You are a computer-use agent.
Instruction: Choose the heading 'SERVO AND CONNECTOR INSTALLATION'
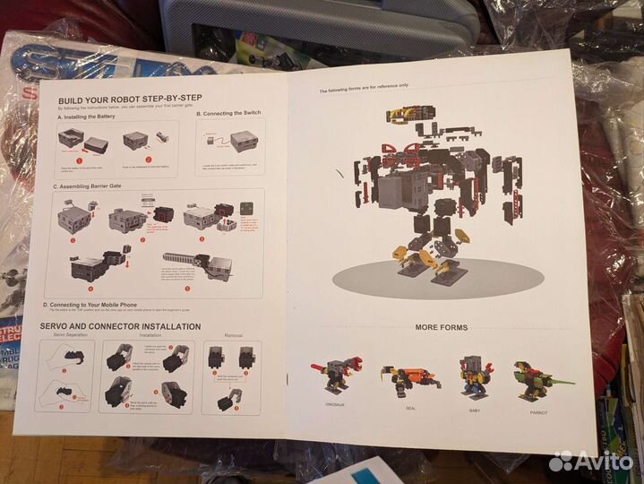click(120, 326)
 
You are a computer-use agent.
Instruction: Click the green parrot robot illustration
click(538, 378)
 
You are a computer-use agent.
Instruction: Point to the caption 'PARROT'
click(538, 412)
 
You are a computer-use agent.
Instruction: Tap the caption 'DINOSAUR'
click(335, 405)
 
